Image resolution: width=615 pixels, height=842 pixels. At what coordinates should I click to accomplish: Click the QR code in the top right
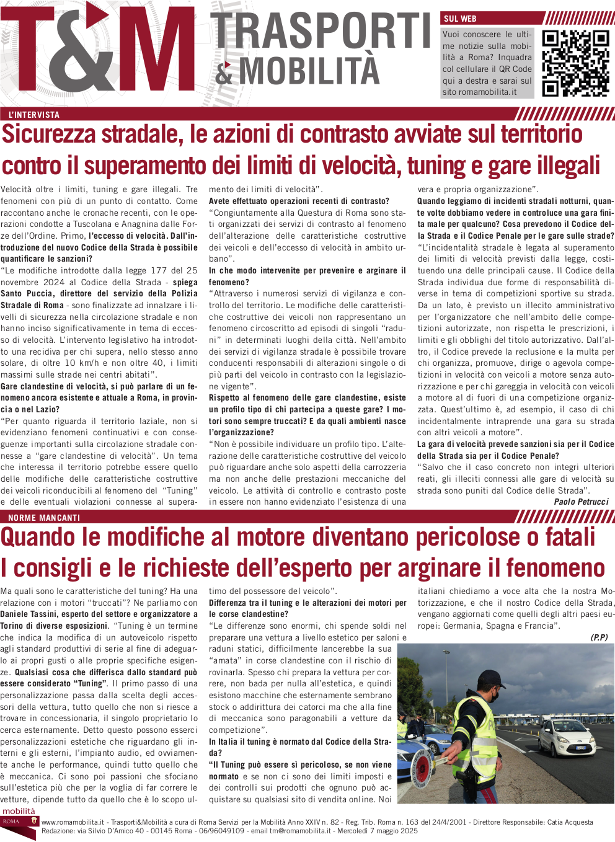(575, 63)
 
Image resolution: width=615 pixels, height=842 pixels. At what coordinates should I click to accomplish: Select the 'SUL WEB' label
(460, 19)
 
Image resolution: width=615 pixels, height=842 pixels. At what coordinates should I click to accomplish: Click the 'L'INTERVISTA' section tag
(34, 115)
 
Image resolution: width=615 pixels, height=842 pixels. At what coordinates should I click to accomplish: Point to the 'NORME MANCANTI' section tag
(44, 517)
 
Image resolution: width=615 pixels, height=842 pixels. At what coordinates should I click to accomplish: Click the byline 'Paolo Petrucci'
(581, 502)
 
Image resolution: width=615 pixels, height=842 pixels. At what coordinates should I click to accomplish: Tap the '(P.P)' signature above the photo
(599, 637)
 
